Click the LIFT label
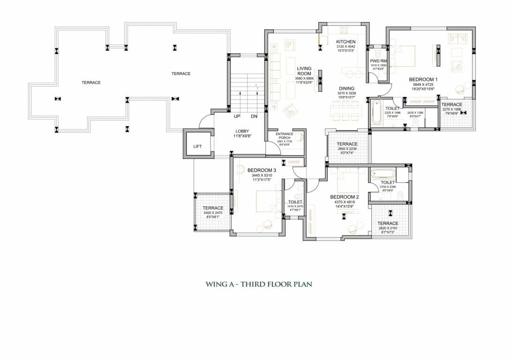197,147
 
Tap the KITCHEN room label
346,42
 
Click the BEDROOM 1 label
423,79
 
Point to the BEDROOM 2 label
344,197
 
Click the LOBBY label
242,131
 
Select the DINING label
346,88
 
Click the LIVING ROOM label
304,71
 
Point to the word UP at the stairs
237,116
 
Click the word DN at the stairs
254,116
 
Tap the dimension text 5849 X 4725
423,84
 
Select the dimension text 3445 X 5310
262,175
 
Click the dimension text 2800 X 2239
347,149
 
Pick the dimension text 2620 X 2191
388,228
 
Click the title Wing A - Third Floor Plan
259,284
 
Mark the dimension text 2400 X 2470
213,213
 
